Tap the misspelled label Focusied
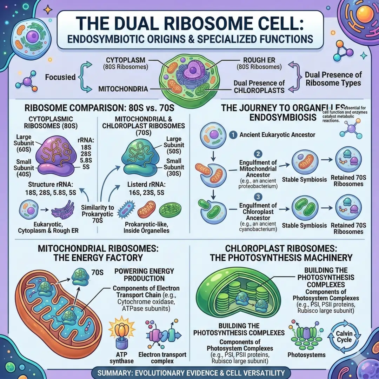[60, 77]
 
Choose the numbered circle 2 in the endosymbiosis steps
[258, 153]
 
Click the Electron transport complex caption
[162, 358]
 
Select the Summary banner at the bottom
[189, 372]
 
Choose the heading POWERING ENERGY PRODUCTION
[139, 274]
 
